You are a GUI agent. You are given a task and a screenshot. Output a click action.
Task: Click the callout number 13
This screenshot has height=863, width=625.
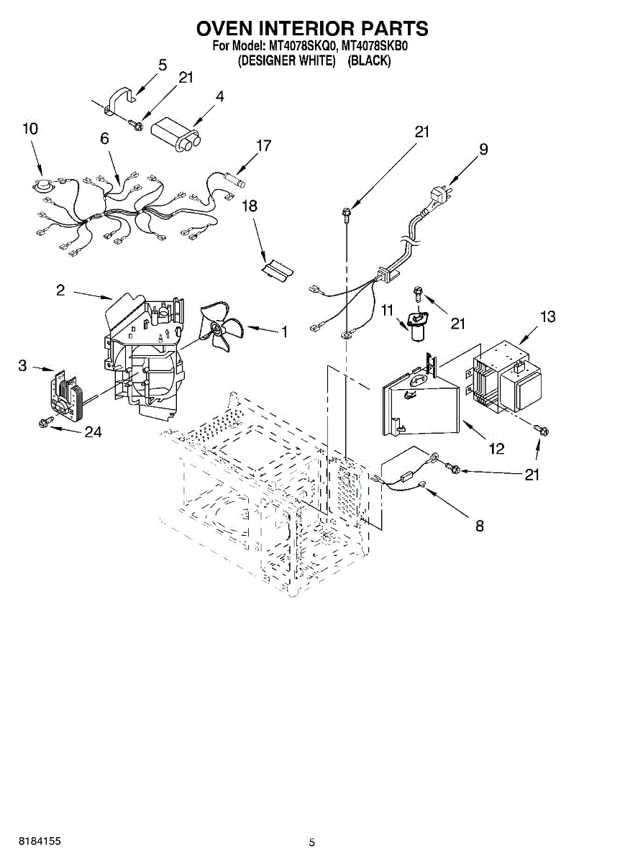coord(548,316)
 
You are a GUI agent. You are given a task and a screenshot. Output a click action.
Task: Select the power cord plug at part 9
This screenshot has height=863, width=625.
coord(439,196)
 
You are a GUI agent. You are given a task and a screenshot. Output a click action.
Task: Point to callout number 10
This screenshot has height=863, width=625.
coord(29,129)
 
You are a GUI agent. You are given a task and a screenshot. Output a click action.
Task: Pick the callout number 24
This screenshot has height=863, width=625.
coord(93,432)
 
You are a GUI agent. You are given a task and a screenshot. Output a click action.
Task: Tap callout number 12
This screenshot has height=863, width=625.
coord(497,449)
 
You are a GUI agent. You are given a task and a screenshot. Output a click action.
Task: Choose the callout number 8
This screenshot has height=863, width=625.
coord(479,526)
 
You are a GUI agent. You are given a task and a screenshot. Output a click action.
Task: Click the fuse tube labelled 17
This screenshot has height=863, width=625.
coord(233,173)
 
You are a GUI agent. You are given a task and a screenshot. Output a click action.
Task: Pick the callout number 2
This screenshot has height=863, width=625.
coord(60,290)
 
